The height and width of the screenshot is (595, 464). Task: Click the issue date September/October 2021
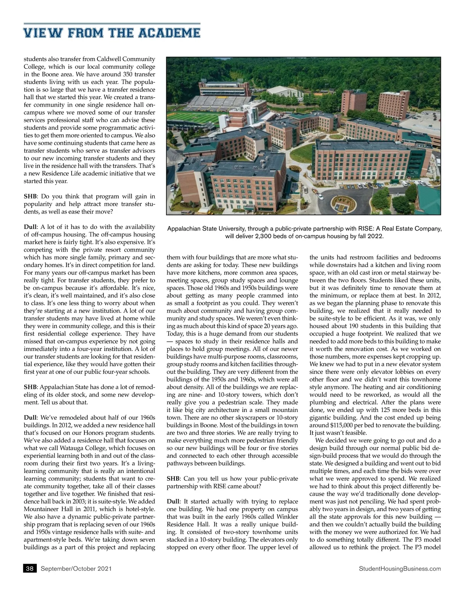pyautogui.click(x=76, y=569)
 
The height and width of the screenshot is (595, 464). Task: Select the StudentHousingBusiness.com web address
pyautogui.click(x=400, y=569)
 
